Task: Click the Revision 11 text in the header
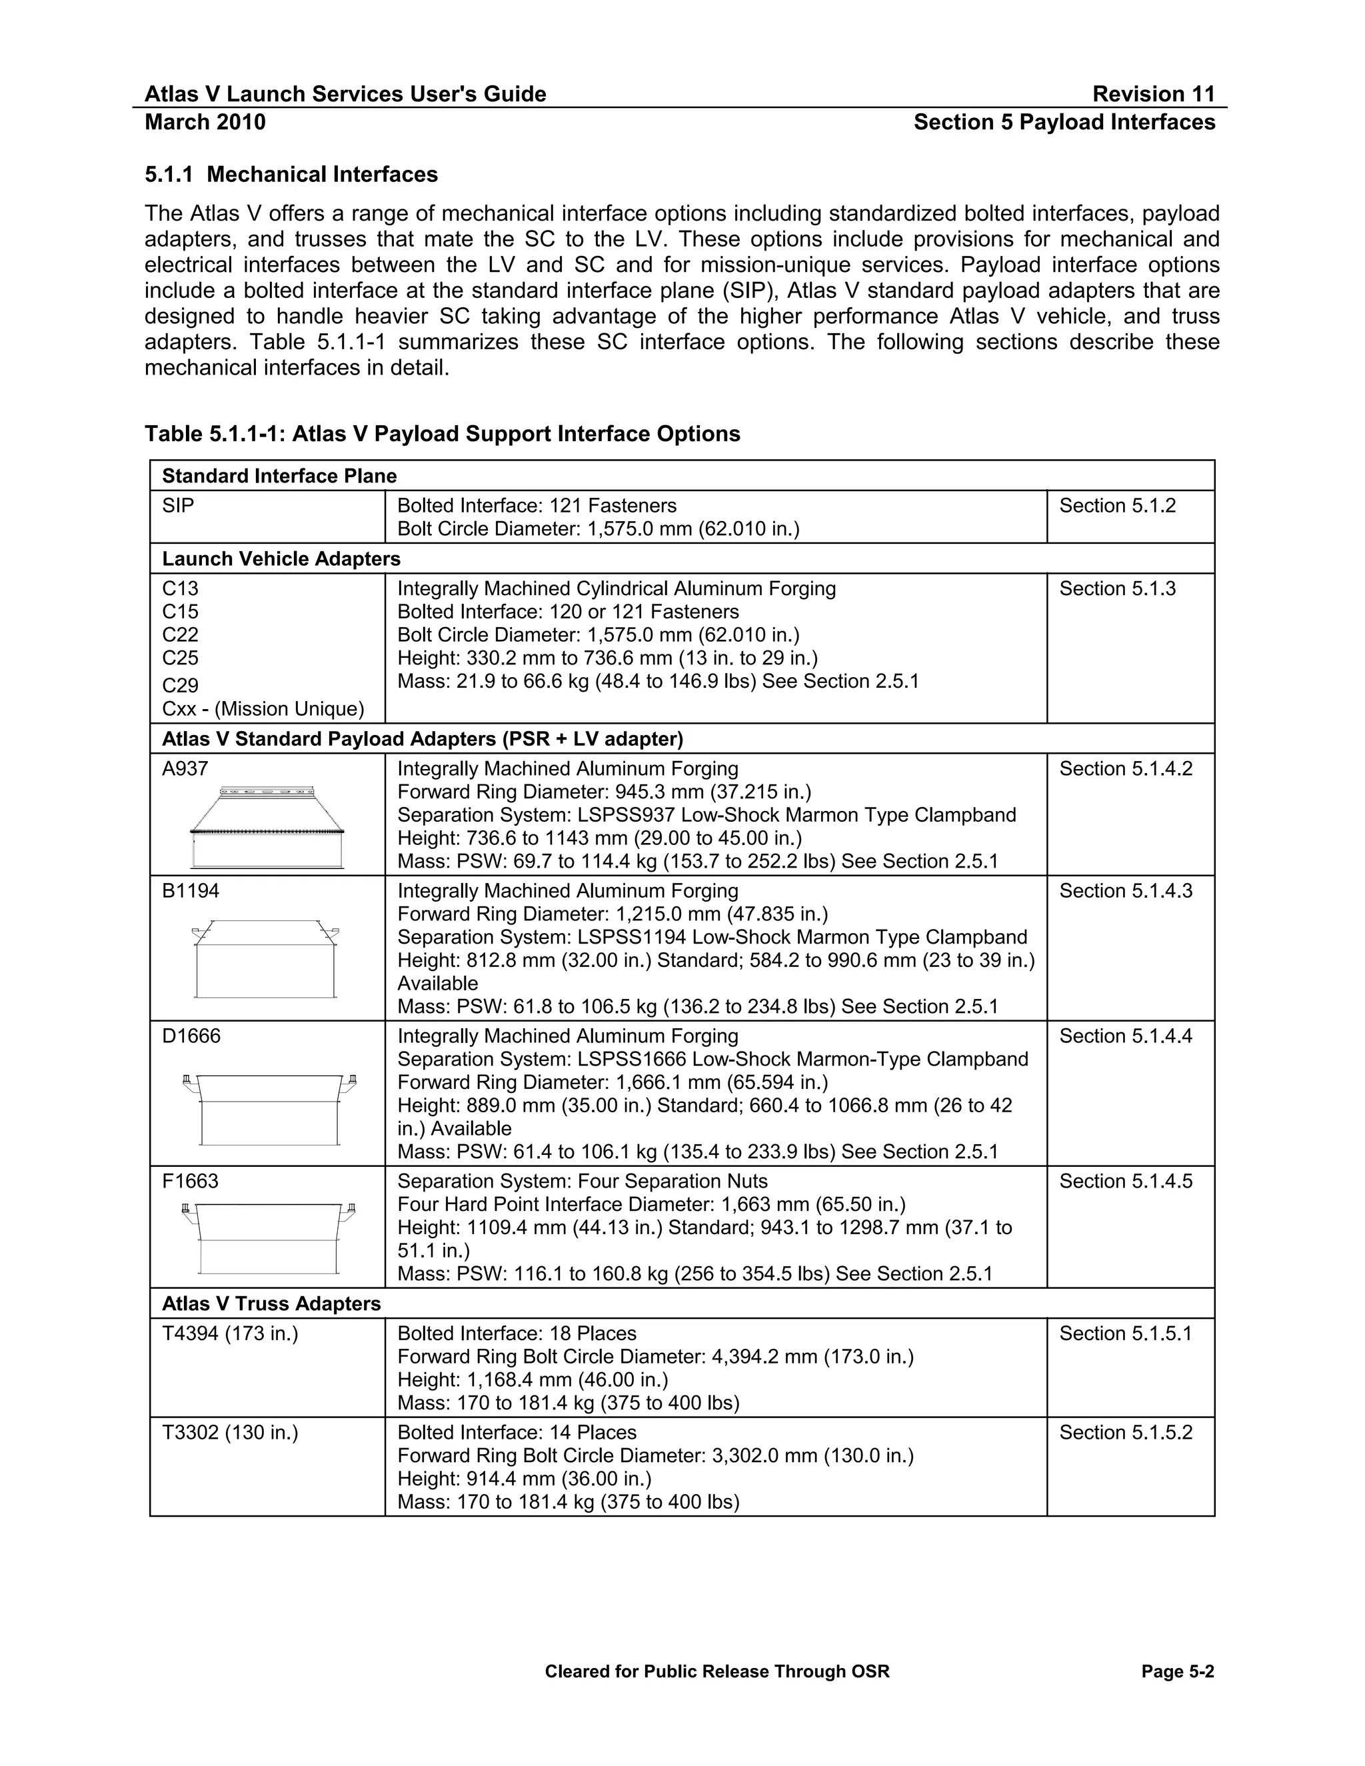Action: (x=1153, y=95)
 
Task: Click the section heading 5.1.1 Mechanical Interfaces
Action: (x=291, y=175)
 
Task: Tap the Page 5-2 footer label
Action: (x=1178, y=1671)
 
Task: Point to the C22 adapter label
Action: (x=181, y=634)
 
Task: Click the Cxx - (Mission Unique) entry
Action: (x=263, y=709)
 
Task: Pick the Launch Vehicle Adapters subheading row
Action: (x=281, y=558)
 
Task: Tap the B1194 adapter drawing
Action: (x=265, y=958)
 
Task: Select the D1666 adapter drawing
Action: (x=269, y=1110)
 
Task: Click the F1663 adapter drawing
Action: (x=269, y=1237)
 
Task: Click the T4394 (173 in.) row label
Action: (x=231, y=1334)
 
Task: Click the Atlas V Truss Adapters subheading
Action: (x=271, y=1304)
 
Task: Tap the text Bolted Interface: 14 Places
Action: (x=517, y=1433)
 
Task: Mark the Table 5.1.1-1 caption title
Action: (x=443, y=435)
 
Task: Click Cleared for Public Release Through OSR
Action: (x=716, y=1671)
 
